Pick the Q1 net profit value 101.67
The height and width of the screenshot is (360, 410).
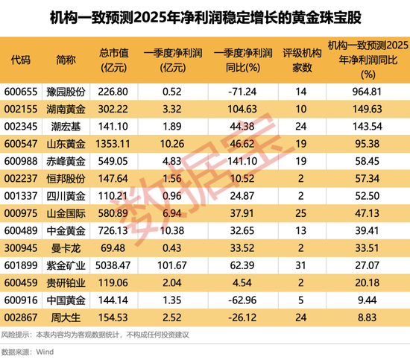tap(173, 265)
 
